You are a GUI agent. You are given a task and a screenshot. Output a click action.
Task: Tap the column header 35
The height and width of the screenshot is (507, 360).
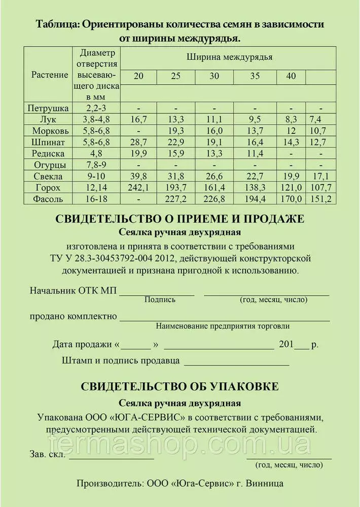tap(255, 76)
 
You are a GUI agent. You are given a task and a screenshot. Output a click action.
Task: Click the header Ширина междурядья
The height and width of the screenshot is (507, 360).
tap(229, 57)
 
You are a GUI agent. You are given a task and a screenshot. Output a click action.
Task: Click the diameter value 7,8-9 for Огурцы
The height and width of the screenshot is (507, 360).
tap(95, 165)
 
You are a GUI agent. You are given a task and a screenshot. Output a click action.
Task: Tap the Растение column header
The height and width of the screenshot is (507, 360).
tap(50, 75)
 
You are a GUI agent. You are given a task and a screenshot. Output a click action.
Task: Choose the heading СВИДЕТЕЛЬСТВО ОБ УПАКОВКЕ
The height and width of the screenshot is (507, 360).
tap(180, 386)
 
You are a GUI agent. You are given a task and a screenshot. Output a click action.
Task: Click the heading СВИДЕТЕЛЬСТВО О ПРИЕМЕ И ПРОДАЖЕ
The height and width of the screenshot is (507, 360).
tap(180, 219)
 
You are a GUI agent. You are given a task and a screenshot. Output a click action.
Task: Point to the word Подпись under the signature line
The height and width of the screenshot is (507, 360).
tap(160, 300)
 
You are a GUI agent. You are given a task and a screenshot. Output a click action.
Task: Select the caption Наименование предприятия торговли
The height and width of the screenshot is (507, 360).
tap(223, 325)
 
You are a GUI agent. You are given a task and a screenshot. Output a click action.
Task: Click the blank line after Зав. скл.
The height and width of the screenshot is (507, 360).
tap(112, 457)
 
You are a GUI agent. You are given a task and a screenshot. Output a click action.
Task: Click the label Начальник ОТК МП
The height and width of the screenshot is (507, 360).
tap(73, 291)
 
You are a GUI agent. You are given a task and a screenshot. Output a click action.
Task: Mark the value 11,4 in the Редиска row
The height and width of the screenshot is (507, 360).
tap(255, 153)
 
